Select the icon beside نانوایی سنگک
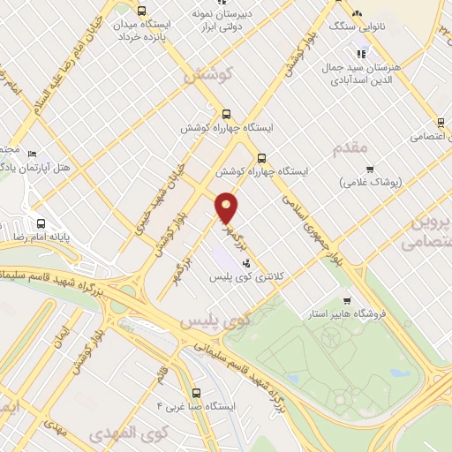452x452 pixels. (x=357, y=15)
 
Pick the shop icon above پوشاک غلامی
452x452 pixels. (x=370, y=169)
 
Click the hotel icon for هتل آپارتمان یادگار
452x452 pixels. (x=33, y=153)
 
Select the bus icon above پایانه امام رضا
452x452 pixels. (x=40, y=223)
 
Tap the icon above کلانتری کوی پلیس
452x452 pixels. (x=245, y=262)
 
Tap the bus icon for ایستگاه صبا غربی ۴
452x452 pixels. (x=194, y=395)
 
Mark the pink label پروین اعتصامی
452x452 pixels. (x=428, y=231)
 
